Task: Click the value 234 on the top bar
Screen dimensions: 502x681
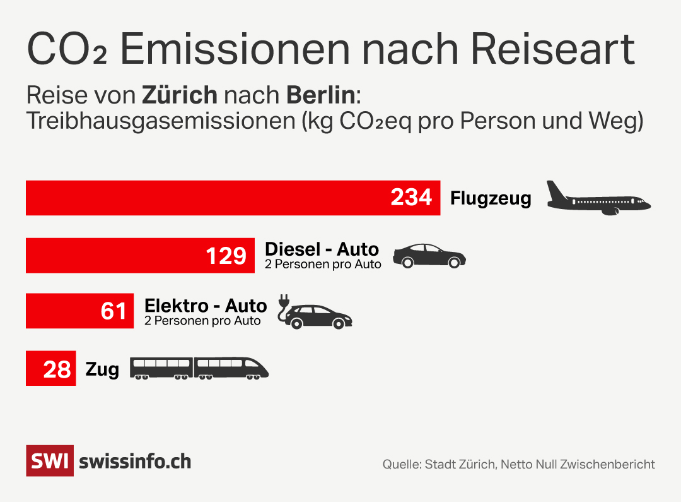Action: [x=411, y=198]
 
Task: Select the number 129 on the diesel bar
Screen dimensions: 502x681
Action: [x=226, y=256]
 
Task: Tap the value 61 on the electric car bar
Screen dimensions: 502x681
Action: [x=113, y=311]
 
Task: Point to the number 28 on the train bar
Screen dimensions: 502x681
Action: [x=57, y=369]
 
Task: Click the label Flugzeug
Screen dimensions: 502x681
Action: [x=491, y=198]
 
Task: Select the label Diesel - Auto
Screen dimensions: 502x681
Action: [x=322, y=249]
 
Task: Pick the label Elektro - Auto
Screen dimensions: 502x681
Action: [x=206, y=306]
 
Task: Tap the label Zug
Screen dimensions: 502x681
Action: [x=102, y=369]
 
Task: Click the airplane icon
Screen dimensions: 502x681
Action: [x=597, y=198]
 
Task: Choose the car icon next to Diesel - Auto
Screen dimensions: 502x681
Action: [x=429, y=256]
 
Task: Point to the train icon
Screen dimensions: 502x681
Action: [x=199, y=368]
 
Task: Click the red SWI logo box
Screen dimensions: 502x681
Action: [x=50, y=460]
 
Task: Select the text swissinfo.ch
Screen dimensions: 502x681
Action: [x=135, y=461]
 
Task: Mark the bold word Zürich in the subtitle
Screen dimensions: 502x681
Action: [x=180, y=95]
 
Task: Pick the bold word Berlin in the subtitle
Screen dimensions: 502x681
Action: [x=321, y=95]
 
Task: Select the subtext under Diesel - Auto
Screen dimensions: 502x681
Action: [x=323, y=264]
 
